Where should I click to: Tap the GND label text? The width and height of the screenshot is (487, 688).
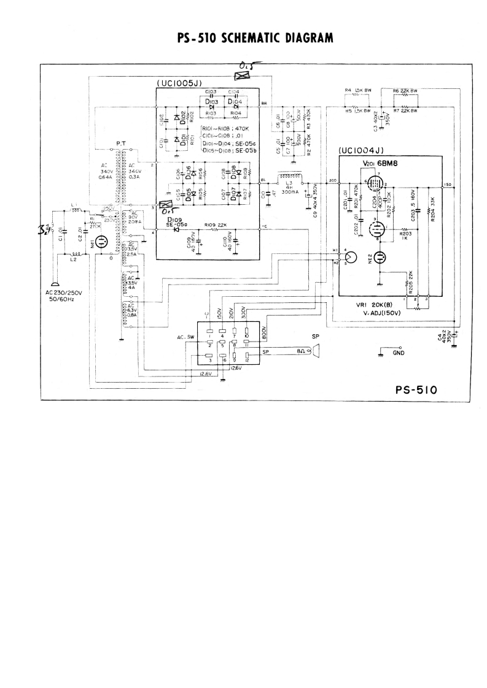click(399, 353)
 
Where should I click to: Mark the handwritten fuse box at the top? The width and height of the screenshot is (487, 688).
click(243, 75)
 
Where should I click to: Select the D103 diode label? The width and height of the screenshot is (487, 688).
click(211, 102)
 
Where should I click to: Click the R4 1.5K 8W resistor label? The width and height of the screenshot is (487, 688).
click(357, 90)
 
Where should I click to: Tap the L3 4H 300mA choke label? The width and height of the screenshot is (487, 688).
click(288, 188)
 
